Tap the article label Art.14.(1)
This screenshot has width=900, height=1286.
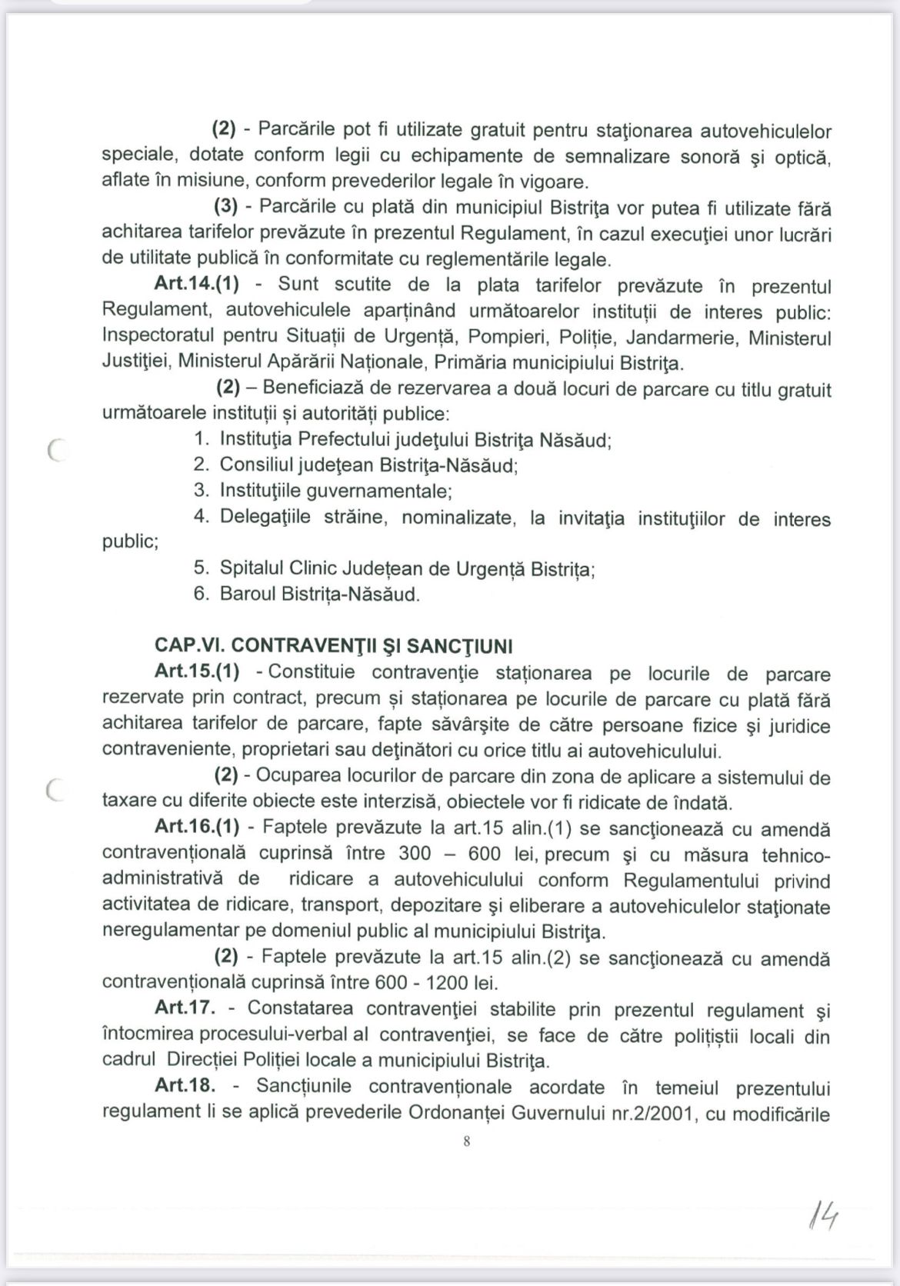pyautogui.click(x=197, y=285)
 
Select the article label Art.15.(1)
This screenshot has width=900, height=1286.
pyautogui.click(x=197, y=671)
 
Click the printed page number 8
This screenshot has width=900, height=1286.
pyautogui.click(x=467, y=1141)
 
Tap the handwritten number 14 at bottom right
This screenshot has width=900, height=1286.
pyautogui.click(x=822, y=1218)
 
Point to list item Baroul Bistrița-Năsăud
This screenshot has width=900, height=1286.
pyautogui.click(x=320, y=595)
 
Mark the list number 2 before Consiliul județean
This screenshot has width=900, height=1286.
pyautogui.click(x=201, y=465)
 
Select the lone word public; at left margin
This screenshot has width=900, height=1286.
pyautogui.click(x=130, y=541)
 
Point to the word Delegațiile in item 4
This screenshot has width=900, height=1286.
pyautogui.click(x=265, y=516)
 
